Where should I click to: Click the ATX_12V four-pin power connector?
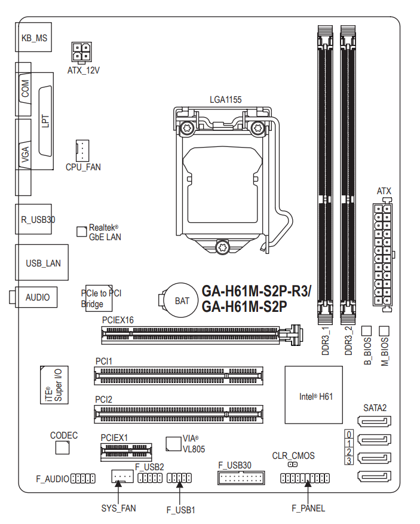[81, 53]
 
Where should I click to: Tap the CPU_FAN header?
[82, 151]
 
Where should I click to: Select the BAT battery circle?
[182, 300]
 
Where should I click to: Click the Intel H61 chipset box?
[314, 395]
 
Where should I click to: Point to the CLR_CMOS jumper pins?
[293, 464]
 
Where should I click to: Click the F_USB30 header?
[241, 478]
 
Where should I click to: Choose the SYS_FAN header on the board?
[122, 476]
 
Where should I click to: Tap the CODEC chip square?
[63, 448]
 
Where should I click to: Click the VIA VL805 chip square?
[173, 443]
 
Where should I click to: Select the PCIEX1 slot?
[126, 452]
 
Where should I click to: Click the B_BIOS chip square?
[367, 331]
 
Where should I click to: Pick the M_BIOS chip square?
[384, 331]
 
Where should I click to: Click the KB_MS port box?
[33, 37]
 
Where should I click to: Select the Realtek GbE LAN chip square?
[81, 232]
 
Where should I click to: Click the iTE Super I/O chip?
[54, 385]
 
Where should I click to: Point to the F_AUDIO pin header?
[83, 479]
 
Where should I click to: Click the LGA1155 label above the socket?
[226, 100]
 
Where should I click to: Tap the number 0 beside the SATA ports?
[349, 434]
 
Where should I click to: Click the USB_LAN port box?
[42, 262]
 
